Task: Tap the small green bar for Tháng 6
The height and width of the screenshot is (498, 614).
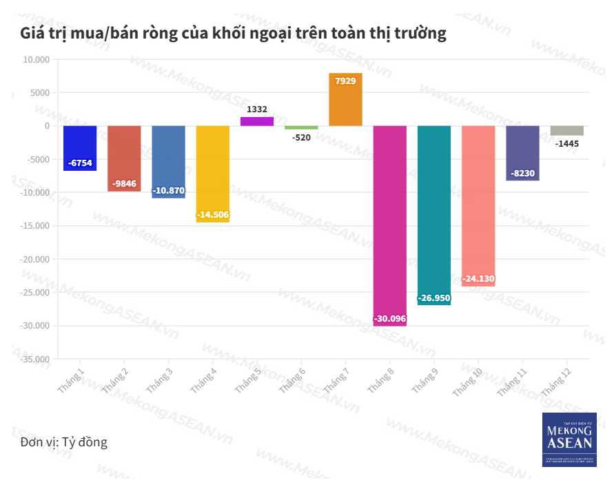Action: coord(301,127)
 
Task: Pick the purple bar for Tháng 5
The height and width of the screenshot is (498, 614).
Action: coord(257,121)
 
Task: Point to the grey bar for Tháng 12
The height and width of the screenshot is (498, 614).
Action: coord(567,130)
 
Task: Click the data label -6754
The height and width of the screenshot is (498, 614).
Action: coord(80,163)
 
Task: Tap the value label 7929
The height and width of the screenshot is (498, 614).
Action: coord(345,81)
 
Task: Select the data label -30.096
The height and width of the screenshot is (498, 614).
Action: coord(390,319)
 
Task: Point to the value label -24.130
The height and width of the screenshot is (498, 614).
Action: coord(478,279)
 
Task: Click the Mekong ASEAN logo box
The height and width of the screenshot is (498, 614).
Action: coord(569,439)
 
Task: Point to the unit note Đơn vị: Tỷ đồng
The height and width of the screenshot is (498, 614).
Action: coord(64,442)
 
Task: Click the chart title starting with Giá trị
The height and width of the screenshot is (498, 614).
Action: coord(234,33)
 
